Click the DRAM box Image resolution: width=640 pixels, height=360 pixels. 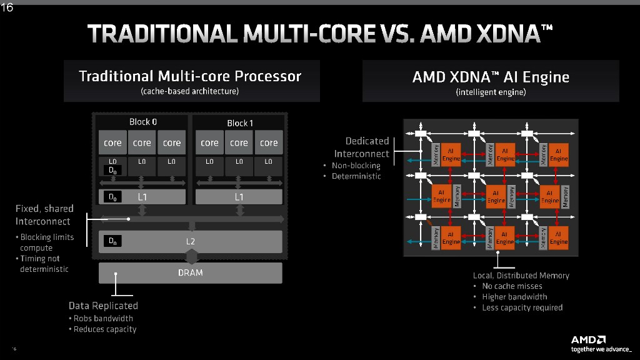(x=191, y=272)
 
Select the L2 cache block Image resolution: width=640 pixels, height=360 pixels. (x=191, y=241)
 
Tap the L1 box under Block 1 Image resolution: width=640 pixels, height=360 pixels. (x=239, y=197)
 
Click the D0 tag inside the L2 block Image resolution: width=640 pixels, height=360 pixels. (x=112, y=241)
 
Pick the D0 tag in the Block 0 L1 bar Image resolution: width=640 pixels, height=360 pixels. (x=112, y=197)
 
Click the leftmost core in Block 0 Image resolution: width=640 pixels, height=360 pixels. (x=112, y=142)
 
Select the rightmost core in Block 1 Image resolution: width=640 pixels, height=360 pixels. (x=269, y=142)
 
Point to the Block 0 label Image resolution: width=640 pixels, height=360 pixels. (x=143, y=122)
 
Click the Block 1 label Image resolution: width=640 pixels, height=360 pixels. (x=240, y=123)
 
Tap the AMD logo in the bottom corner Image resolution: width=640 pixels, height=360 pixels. (x=588, y=339)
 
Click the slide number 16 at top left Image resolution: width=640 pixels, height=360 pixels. (x=7, y=7)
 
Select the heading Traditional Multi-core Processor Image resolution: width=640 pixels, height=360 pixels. (x=190, y=76)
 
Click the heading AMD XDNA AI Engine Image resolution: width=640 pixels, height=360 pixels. (x=491, y=77)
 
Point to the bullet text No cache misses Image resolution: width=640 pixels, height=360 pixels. (x=512, y=286)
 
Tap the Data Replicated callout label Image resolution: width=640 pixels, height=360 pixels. (x=103, y=306)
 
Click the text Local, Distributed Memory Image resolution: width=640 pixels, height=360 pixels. (x=521, y=275)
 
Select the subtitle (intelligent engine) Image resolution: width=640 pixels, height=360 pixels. (x=491, y=92)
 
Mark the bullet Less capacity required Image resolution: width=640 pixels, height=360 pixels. (x=522, y=307)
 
